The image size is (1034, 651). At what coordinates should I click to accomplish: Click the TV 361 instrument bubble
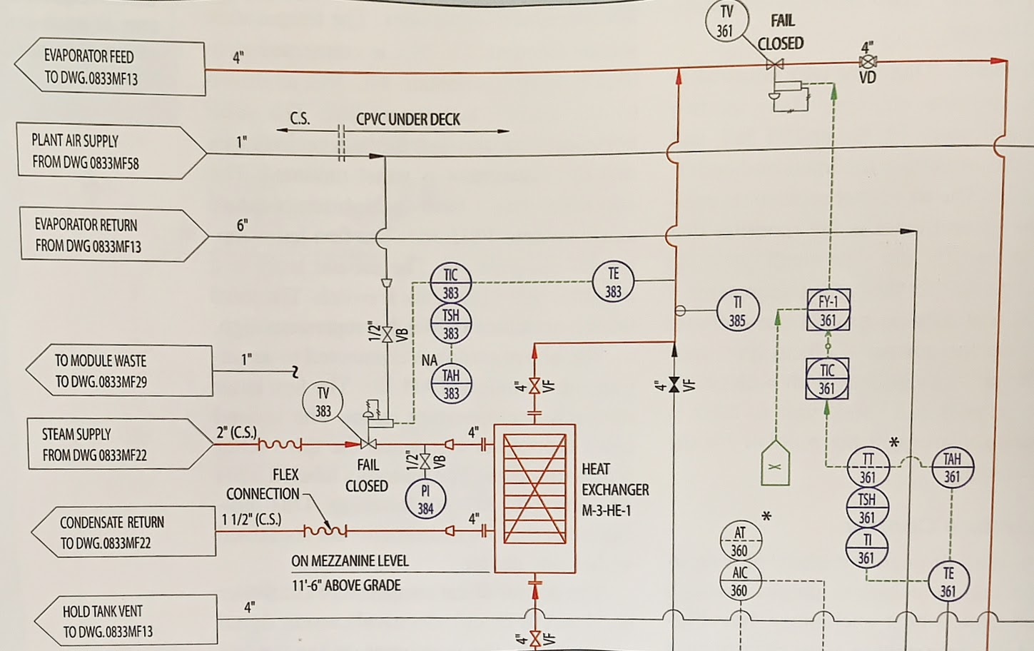pyautogui.click(x=725, y=21)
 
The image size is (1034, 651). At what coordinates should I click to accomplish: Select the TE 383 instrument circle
pyautogui.click(x=613, y=282)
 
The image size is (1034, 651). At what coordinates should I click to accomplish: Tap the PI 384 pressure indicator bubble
pyautogui.click(x=425, y=498)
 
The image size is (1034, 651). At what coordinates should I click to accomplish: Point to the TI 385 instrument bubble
pyautogui.click(x=737, y=311)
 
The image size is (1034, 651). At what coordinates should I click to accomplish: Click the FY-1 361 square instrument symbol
pyautogui.click(x=828, y=311)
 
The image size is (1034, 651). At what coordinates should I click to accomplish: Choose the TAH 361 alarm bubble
pyautogui.click(x=952, y=468)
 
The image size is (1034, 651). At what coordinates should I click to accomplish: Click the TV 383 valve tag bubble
pyautogui.click(x=323, y=401)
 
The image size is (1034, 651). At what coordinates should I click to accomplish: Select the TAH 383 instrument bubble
pyautogui.click(x=451, y=384)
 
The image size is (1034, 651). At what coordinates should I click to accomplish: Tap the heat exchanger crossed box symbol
pyautogui.click(x=534, y=499)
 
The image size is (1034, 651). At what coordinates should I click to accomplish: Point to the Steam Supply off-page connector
pyautogui.click(x=118, y=444)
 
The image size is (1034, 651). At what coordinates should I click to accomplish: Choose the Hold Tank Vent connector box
pyautogui.click(x=125, y=621)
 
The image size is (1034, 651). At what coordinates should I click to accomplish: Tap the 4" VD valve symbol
pyautogui.click(x=868, y=63)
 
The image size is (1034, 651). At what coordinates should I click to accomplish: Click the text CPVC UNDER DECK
pyautogui.click(x=408, y=119)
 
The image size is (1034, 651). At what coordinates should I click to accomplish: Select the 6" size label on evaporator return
pyautogui.click(x=242, y=226)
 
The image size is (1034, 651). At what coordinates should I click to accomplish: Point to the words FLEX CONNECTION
pyautogui.click(x=263, y=484)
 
